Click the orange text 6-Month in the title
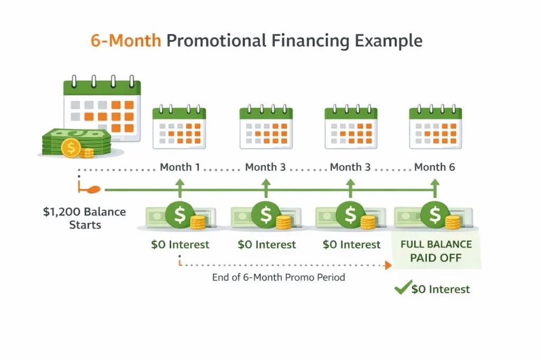126,41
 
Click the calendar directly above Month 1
179,127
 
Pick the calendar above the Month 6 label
435,127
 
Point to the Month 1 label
180,167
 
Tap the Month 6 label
434,167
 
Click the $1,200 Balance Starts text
85,218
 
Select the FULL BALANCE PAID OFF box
436,252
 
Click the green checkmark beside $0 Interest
403,288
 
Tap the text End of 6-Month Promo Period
278,277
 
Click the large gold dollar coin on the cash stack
70,148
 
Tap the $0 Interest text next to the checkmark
441,289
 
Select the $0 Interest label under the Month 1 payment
180,244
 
